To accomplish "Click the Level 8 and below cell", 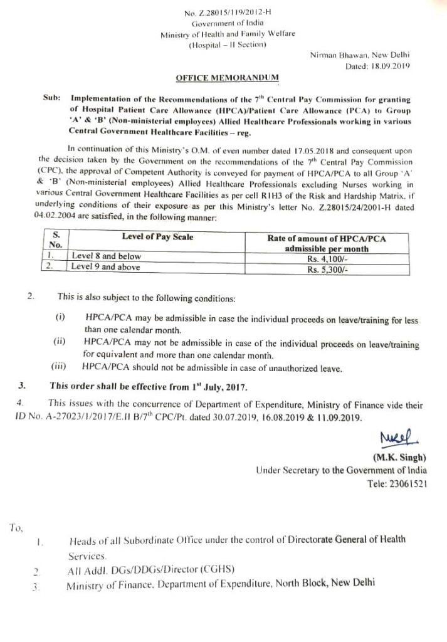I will click(107, 256).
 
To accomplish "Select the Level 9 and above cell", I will click(107, 268).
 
